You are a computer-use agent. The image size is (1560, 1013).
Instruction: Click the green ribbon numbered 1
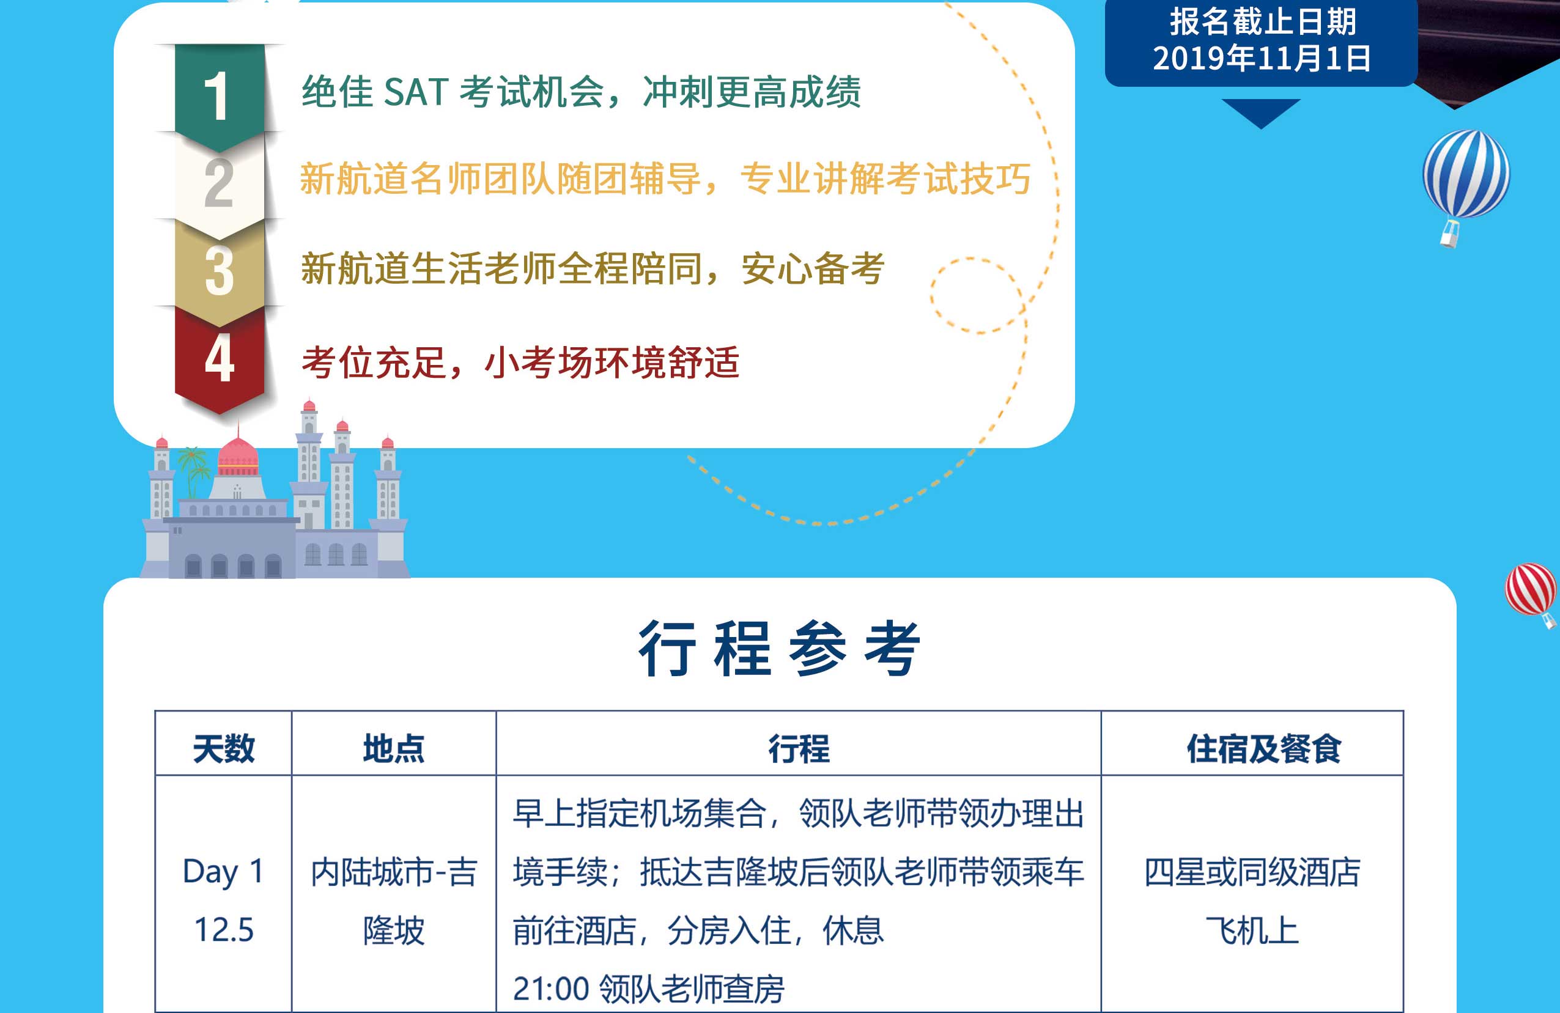(220, 95)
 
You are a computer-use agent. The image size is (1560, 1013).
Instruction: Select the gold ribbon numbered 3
(220, 272)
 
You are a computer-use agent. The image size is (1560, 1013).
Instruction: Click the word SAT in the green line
(416, 92)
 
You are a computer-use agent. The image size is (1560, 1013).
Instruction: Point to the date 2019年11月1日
(1261, 58)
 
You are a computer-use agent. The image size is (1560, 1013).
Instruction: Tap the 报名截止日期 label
(1262, 21)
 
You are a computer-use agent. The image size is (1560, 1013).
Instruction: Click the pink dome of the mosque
(238, 455)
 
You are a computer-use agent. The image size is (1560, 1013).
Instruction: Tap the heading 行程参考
(780, 648)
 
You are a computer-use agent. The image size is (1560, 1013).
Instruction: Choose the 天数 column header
(224, 748)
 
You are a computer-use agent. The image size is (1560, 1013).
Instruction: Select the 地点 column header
(394, 748)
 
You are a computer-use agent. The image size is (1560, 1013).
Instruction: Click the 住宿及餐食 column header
(1264, 748)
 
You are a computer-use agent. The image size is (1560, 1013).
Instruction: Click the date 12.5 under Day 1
(224, 930)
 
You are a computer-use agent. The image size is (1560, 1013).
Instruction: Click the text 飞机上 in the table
(1252, 930)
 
